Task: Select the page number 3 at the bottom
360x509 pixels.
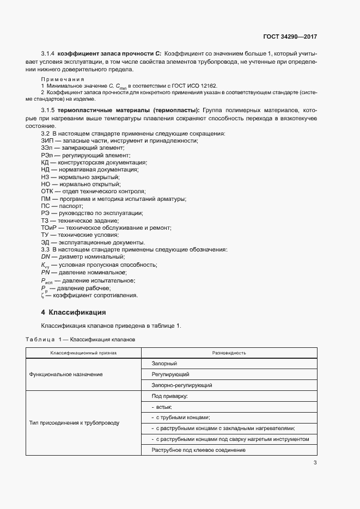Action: (315, 463)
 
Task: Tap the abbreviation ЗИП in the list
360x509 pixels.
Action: (47, 140)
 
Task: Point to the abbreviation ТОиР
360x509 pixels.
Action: (50, 228)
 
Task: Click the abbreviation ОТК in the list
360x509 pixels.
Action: (47, 191)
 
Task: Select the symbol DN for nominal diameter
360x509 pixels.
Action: (45, 256)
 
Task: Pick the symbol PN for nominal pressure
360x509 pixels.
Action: (45, 272)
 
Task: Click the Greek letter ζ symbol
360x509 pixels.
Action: (42, 296)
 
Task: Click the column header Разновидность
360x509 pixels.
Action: (229, 353)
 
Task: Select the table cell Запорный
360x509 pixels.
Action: (164, 364)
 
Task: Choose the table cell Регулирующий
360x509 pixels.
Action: (170, 375)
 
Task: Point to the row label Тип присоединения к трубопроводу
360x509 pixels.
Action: (74, 422)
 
